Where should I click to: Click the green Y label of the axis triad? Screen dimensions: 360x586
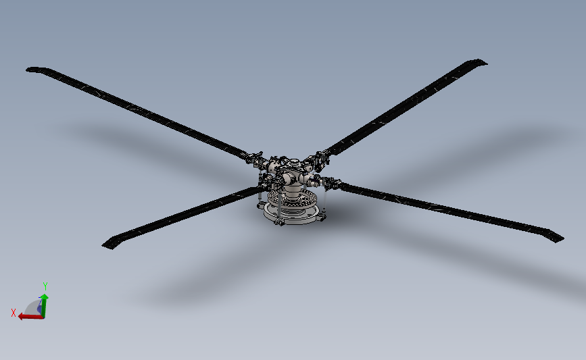coord(45,285)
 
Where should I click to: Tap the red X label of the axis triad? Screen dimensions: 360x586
coord(14,312)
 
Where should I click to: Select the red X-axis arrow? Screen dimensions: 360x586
coord(27,316)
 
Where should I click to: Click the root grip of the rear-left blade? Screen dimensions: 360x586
coord(253,158)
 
